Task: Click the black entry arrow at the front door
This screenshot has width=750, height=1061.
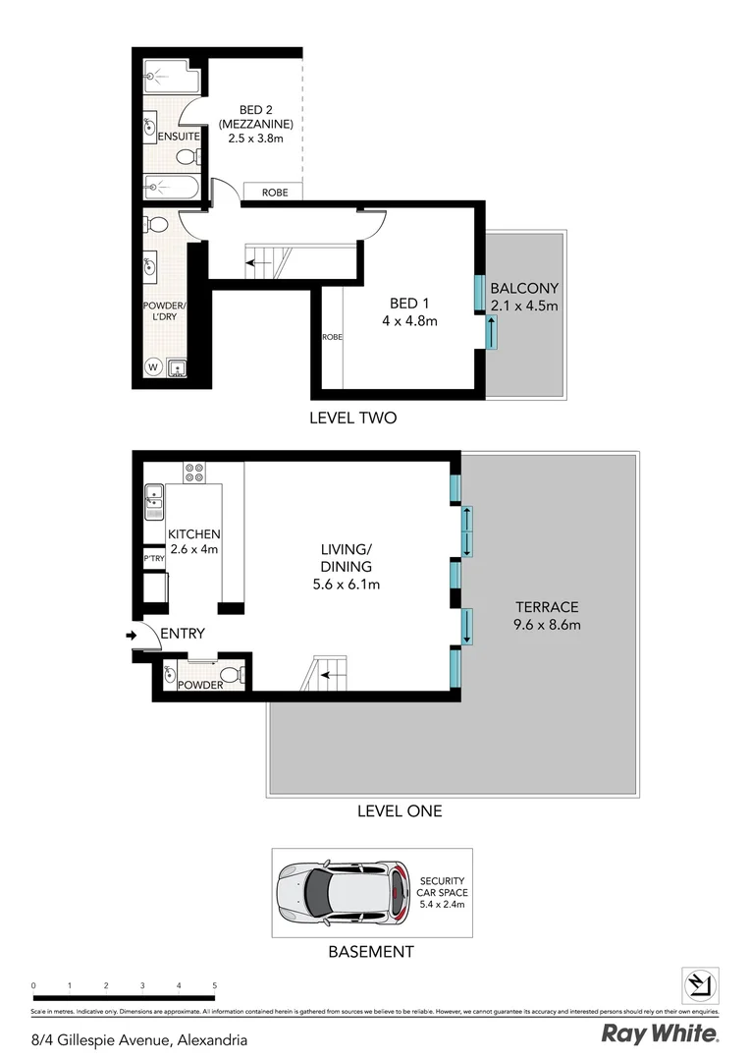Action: point(132,637)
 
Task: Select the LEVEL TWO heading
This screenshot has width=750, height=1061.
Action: point(352,418)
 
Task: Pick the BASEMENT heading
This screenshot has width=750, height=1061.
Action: point(370,952)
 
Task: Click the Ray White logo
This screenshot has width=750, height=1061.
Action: point(659,1033)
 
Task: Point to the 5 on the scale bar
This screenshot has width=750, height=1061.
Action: point(214,984)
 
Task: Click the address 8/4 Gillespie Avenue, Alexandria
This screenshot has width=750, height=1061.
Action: point(139,1039)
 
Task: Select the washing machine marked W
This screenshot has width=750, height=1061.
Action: point(153,367)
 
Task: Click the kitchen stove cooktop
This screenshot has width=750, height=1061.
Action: point(194,473)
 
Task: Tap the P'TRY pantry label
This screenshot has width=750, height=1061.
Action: point(154,559)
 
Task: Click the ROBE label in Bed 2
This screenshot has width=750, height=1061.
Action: point(275,193)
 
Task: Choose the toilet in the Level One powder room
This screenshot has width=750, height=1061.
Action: point(230,675)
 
